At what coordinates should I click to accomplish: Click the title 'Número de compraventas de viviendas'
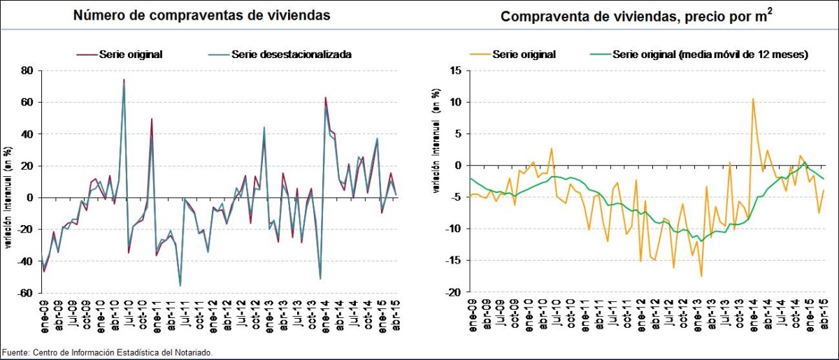203,15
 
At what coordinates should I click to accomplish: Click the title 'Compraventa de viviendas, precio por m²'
636,16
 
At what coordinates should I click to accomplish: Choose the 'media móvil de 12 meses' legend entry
710,54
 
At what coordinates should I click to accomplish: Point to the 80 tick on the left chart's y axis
28,71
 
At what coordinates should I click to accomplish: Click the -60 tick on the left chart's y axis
26,294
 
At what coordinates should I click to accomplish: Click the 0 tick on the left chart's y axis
31,198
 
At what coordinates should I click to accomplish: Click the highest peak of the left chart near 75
124,80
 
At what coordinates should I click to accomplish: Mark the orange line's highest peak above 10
753,99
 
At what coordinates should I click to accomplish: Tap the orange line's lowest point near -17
701,276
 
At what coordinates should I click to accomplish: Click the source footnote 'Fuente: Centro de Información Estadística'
107,352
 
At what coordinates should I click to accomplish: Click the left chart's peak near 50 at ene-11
152,119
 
